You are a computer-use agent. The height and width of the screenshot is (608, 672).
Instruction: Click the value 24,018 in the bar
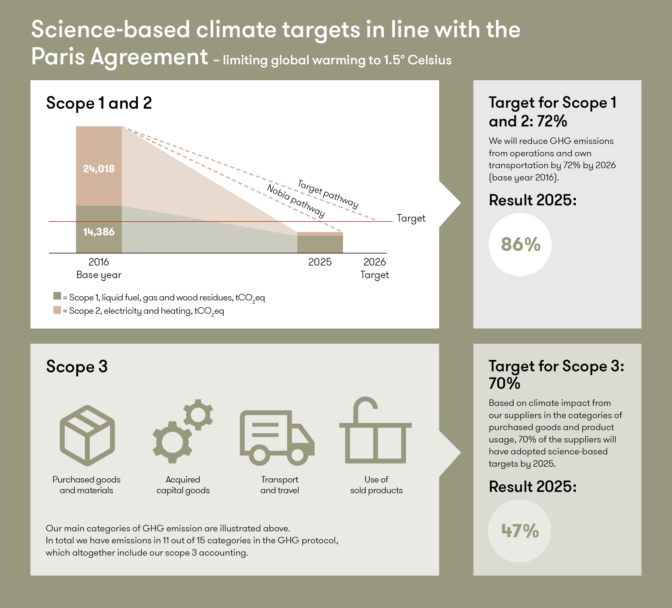click(x=99, y=169)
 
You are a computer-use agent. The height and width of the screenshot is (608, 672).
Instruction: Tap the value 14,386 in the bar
click(x=99, y=232)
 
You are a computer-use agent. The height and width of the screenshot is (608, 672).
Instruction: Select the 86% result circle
click(x=520, y=244)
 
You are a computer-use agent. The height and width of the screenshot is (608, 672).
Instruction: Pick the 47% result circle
click(x=519, y=531)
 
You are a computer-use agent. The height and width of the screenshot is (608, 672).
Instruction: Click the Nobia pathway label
click(x=296, y=201)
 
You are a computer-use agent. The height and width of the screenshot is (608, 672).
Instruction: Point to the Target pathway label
click(x=328, y=193)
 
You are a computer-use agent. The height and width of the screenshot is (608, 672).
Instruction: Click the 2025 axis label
click(x=320, y=262)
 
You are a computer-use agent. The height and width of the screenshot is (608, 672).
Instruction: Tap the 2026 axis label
click(x=374, y=262)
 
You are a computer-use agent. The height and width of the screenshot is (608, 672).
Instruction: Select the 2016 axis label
click(x=99, y=262)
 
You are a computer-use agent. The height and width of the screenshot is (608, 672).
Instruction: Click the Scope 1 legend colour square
click(x=57, y=296)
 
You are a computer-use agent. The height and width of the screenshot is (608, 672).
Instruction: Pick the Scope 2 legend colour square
click(x=57, y=310)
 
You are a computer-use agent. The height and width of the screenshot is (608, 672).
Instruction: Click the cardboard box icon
click(x=87, y=435)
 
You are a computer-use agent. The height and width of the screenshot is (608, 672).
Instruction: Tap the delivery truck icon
click(x=277, y=438)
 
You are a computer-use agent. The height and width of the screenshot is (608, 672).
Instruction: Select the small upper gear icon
click(x=198, y=415)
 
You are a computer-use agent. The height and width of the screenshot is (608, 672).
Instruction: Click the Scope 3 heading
click(x=77, y=366)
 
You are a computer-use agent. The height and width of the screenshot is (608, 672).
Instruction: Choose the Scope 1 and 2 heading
click(x=99, y=103)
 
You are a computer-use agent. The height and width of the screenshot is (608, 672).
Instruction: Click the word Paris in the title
click(x=58, y=57)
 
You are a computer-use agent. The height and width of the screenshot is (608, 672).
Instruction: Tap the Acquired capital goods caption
click(x=183, y=485)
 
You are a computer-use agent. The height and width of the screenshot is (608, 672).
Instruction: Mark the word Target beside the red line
click(x=411, y=218)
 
